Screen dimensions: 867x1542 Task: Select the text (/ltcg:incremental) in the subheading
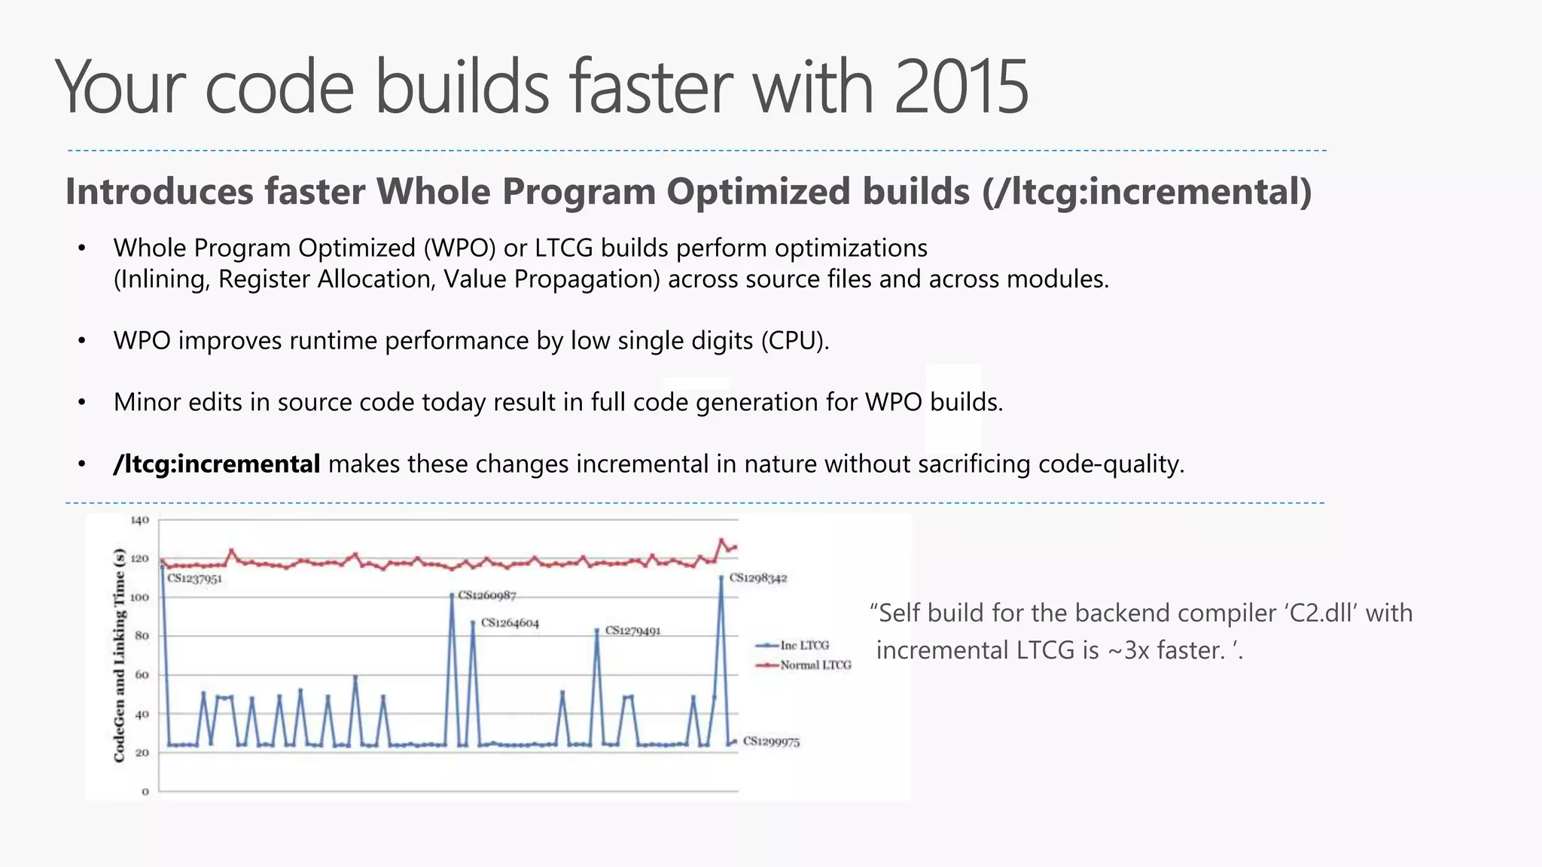tap(1147, 192)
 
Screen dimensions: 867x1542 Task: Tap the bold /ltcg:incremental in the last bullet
tap(217, 464)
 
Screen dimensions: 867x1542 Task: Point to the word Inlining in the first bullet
tap(161, 279)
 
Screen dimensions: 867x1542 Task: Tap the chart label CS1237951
tap(194, 579)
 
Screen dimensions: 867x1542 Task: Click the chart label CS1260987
tap(486, 595)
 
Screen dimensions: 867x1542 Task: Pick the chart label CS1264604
tap(510, 622)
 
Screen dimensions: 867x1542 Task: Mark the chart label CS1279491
tap(632, 631)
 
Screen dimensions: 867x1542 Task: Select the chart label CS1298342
tap(757, 578)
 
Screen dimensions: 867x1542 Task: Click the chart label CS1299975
tap(771, 741)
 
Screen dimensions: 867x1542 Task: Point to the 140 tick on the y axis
tap(140, 520)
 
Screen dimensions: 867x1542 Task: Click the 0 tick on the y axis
tap(145, 791)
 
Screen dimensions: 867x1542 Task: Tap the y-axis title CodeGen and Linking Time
tap(119, 655)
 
